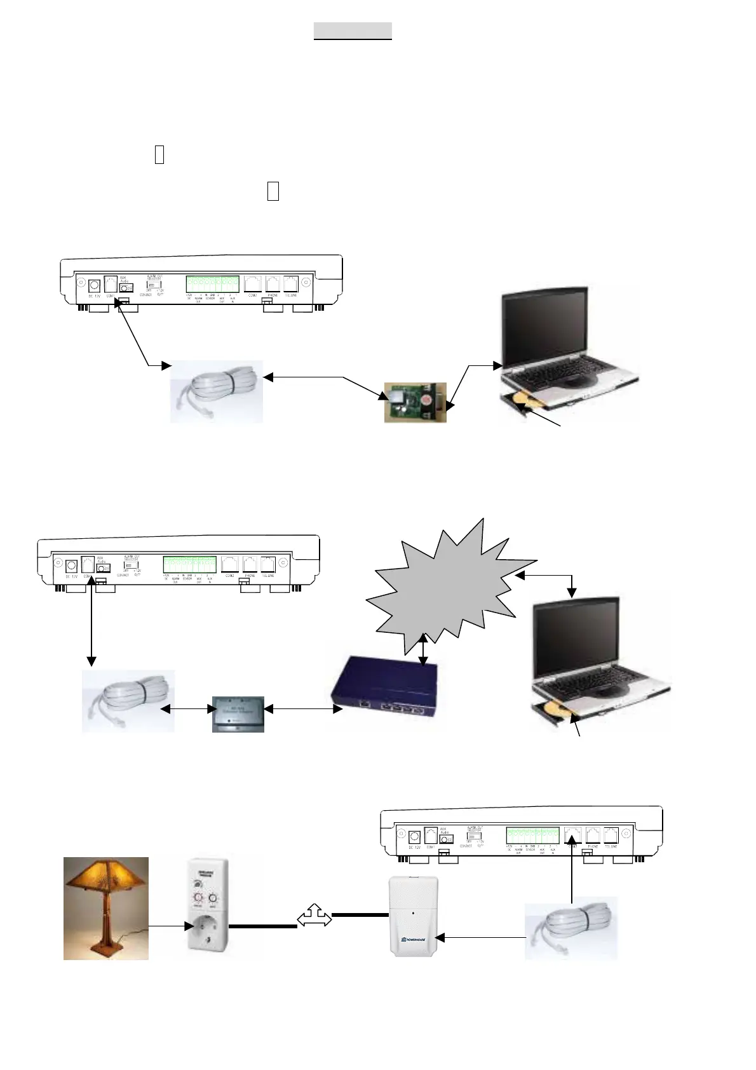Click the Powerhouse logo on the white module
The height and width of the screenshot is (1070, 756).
(x=414, y=938)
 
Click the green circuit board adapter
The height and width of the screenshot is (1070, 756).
(x=415, y=402)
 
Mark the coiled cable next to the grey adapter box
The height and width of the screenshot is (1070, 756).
(x=128, y=700)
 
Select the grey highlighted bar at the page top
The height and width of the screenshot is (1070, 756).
(x=353, y=30)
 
